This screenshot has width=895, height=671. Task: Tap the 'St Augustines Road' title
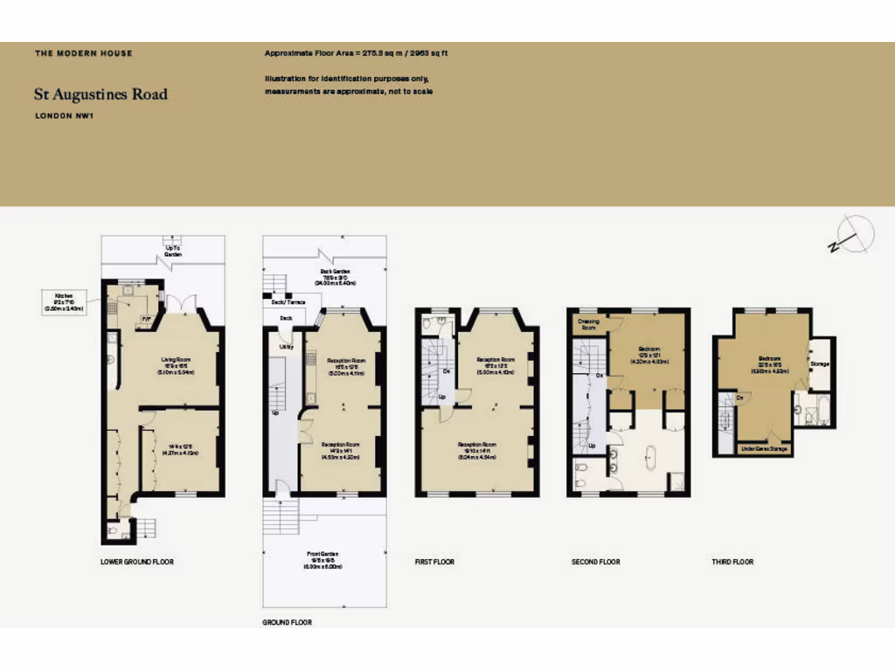point(101,94)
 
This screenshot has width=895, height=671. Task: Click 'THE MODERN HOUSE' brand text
point(84,53)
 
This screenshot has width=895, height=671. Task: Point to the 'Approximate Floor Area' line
point(356,53)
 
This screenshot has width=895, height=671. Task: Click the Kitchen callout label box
point(65,303)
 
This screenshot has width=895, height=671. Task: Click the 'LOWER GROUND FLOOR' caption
point(137,562)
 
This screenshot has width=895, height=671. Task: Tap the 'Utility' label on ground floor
point(285,347)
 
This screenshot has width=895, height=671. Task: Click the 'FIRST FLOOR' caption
point(434,562)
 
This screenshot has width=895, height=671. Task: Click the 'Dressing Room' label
point(589,324)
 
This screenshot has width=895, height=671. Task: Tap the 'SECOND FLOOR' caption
point(595,562)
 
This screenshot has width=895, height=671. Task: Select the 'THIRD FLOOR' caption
point(732,562)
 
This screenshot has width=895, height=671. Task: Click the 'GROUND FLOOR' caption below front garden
point(288,623)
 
